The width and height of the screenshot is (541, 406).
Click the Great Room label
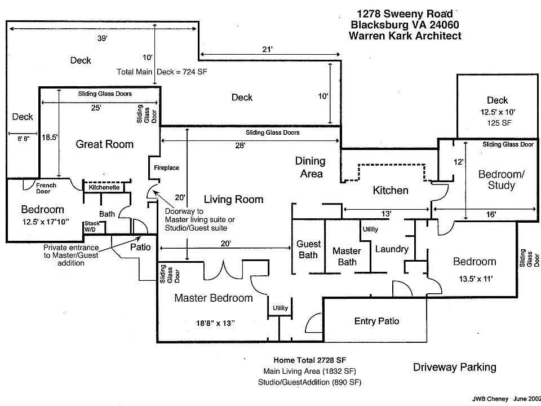click(105, 144)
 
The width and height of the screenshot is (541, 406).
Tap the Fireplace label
click(166, 168)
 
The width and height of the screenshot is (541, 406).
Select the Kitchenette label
click(104, 187)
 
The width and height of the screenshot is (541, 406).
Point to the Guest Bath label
click(308, 249)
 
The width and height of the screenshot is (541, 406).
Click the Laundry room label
click(391, 249)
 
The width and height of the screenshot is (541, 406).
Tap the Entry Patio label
click(376, 321)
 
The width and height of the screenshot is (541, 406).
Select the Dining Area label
click(311, 167)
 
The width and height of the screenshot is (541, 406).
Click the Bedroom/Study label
click(501, 179)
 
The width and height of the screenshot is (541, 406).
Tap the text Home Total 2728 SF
click(311, 360)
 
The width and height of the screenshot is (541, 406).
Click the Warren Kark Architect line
click(405, 36)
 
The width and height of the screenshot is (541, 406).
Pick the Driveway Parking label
click(454, 367)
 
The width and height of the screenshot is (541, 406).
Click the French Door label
click(46, 188)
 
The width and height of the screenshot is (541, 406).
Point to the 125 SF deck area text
click(497, 122)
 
